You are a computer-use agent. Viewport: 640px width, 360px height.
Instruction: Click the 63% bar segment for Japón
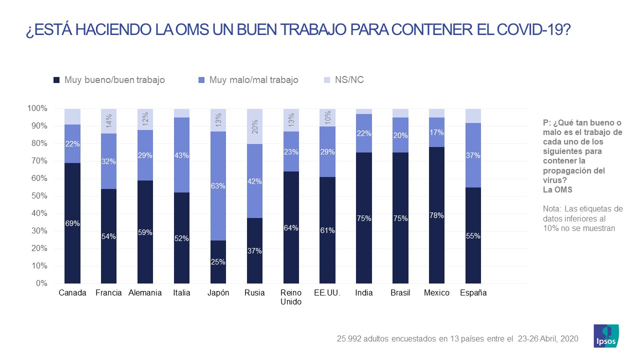click(218, 186)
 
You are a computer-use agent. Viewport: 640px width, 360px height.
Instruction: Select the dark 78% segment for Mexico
click(436, 215)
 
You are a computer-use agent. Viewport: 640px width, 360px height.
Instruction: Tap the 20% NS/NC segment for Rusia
click(254, 126)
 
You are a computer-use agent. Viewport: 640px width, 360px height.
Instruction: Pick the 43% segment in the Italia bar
click(181, 155)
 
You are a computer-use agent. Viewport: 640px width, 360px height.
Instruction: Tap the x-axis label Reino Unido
click(291, 297)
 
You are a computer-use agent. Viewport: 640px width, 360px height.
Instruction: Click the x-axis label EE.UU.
click(327, 293)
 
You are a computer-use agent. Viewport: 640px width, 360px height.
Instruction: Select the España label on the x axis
click(473, 293)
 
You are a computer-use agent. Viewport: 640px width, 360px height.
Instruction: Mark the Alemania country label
click(145, 293)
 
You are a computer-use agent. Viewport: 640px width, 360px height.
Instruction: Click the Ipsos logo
click(606, 335)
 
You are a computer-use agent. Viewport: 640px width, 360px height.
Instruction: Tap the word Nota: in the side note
click(554, 209)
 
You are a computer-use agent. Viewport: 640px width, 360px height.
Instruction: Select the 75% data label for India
click(364, 218)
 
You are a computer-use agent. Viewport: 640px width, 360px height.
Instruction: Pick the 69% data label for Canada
click(72, 223)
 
